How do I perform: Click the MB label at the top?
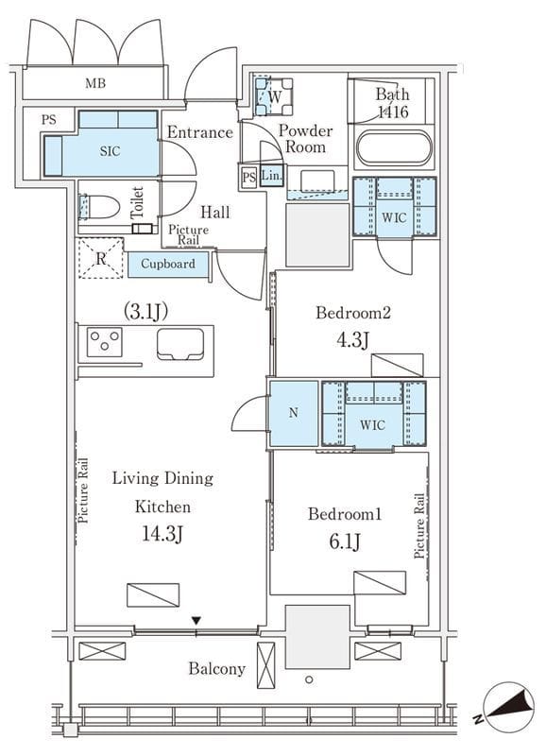pos(95,83)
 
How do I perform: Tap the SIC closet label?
pos(110,151)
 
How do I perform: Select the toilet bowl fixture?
pos(99,208)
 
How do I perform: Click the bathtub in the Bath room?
pos(394,148)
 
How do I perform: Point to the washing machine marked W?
pos(274,96)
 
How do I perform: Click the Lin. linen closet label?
pos(272,176)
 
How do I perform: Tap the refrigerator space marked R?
pos(101,258)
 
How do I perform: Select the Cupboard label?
pos(168,264)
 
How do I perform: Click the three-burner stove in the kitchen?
pos(105,342)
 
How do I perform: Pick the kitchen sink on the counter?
pos(180,344)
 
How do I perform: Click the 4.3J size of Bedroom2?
pos(352,340)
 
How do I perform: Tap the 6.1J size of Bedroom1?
pos(345,541)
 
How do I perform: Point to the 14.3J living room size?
pos(162,534)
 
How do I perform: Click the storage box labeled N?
pos(294,413)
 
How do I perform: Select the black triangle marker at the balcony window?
pos(196,621)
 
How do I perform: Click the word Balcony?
pos(217,669)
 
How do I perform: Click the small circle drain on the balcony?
pos(309,679)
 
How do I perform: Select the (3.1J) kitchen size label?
pos(146,312)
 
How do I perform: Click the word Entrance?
pos(200,132)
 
